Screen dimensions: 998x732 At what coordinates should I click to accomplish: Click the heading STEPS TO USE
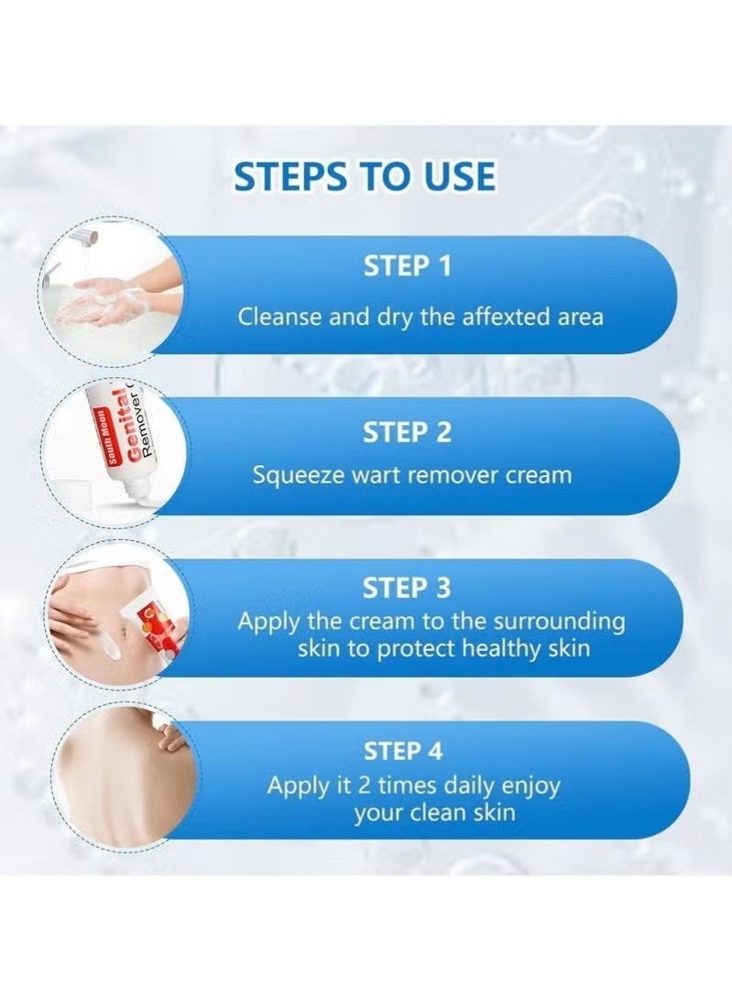tap(365, 175)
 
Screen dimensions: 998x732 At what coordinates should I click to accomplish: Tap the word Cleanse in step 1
tap(276, 317)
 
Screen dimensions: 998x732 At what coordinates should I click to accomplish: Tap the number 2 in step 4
tap(365, 786)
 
